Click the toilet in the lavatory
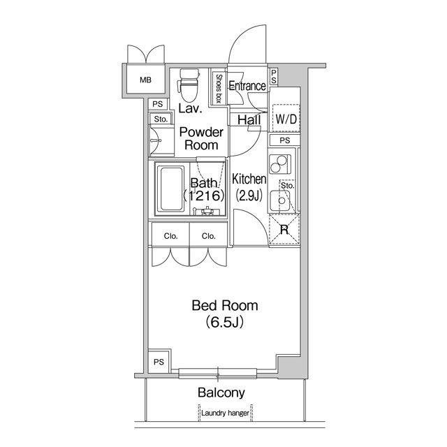coord(188,85)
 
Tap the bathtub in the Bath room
coord(172,189)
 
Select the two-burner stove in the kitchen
coord(279,164)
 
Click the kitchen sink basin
coord(281,200)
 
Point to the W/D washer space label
coord(286,119)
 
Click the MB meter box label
coord(145,80)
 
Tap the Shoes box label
coord(219,89)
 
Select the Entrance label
coord(247,86)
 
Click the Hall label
coord(249,119)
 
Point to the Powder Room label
coord(201,138)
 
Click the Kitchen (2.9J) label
coord(249,187)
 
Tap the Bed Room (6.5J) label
coord(225,314)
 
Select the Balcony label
coord(221,393)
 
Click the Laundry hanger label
coord(225,413)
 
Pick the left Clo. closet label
coord(170,236)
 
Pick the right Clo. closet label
coord(208,236)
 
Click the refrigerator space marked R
coord(284,230)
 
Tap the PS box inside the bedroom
coord(159,361)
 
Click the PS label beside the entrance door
coord(273,77)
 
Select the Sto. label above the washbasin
coord(161,119)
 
